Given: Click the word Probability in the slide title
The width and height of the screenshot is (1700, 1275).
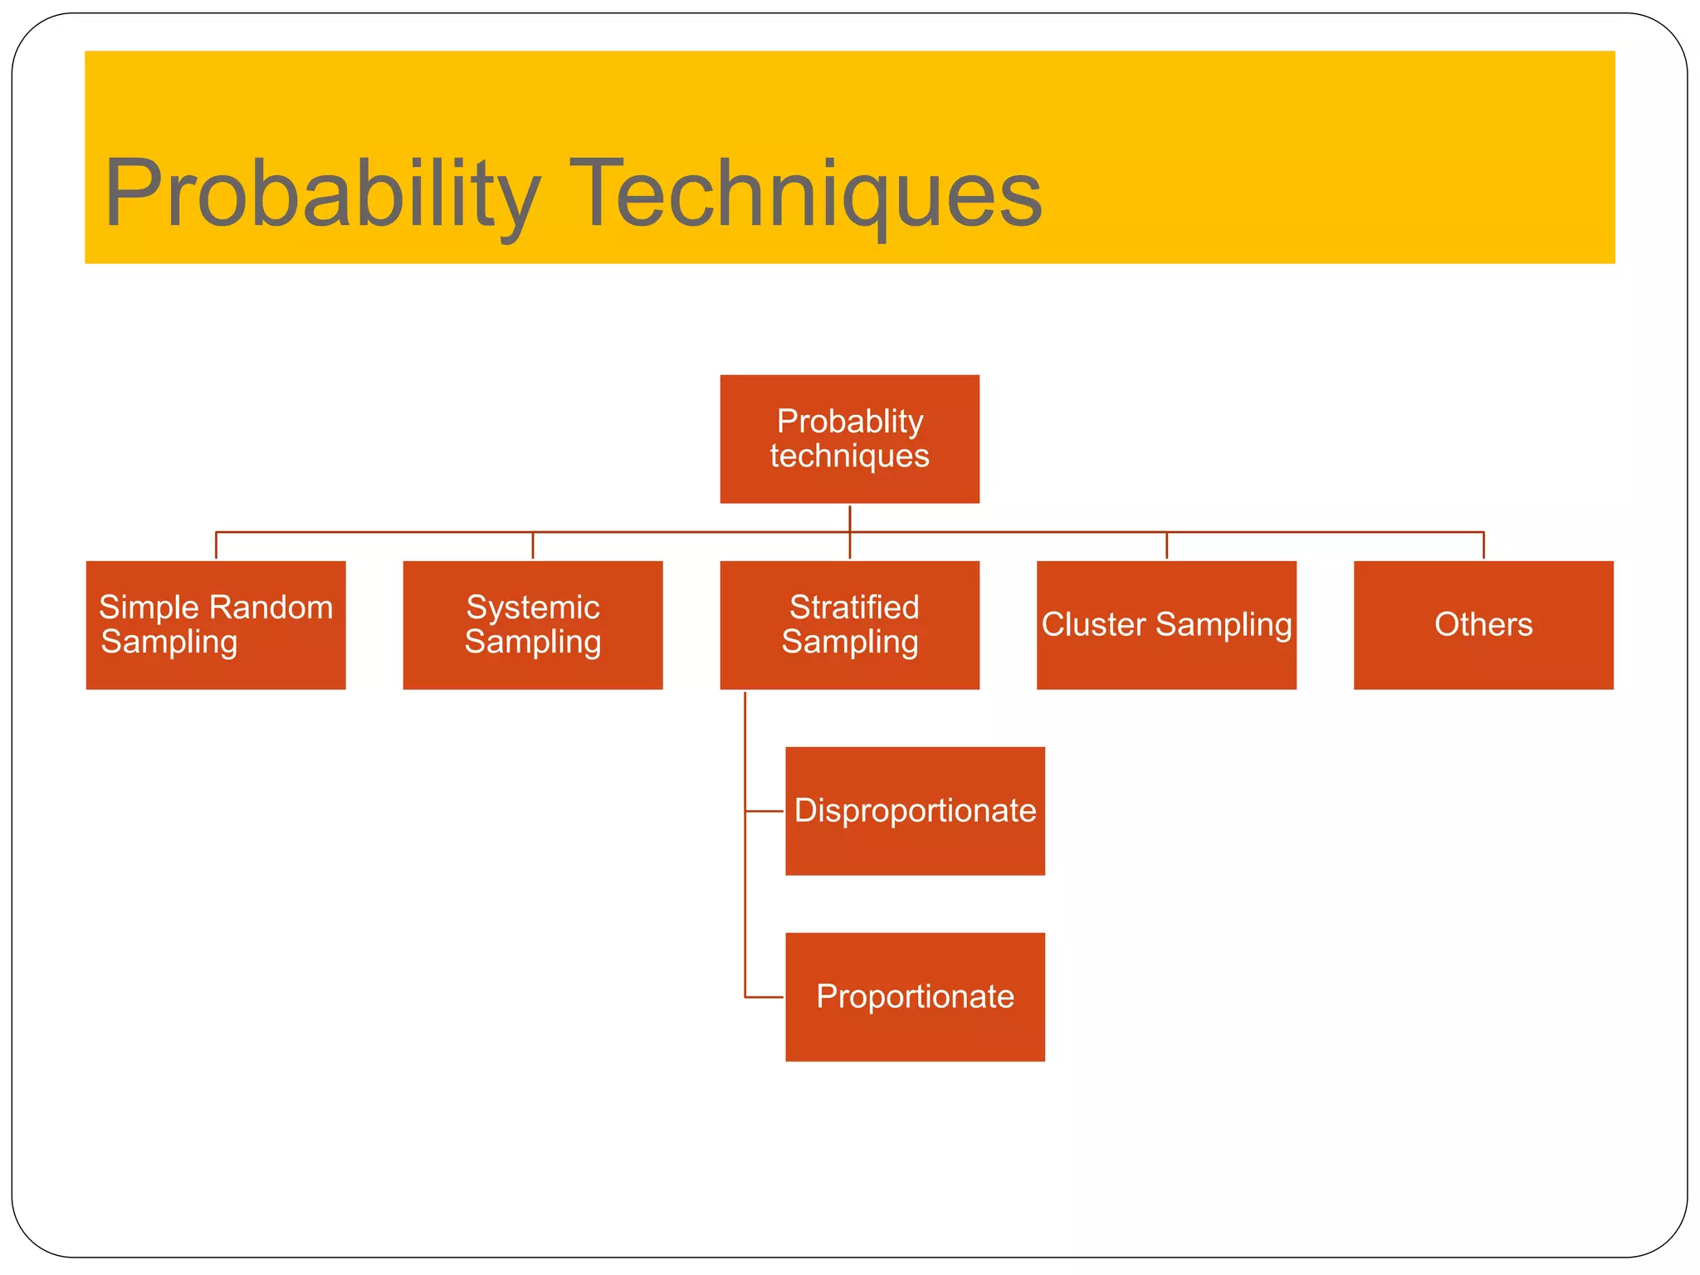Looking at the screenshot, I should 322,193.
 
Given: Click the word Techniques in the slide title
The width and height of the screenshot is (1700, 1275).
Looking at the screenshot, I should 805,193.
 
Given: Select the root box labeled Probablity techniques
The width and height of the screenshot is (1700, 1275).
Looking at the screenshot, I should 849,438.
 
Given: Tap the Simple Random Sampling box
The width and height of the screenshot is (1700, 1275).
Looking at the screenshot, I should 216,625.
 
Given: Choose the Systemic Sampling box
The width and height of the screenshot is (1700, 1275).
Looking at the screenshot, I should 532,625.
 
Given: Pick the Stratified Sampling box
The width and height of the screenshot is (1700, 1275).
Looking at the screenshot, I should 849,625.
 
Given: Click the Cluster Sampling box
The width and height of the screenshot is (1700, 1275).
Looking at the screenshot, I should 1166,625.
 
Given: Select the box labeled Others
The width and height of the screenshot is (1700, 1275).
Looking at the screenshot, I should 1483,625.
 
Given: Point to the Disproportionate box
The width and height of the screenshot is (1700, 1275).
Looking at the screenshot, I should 915,811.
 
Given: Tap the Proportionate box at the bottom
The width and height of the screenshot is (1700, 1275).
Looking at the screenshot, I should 915,997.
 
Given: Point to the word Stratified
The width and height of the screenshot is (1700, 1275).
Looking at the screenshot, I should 854,608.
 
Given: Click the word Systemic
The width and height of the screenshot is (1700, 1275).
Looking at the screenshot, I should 533,608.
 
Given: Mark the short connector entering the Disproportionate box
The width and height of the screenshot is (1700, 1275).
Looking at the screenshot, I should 765,811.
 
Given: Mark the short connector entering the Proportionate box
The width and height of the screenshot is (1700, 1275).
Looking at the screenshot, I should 765,997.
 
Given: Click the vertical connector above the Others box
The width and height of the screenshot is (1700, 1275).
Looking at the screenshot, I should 1483,545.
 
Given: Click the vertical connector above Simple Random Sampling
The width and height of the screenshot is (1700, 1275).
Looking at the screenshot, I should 216,545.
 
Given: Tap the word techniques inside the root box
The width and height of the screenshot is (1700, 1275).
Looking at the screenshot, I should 849,456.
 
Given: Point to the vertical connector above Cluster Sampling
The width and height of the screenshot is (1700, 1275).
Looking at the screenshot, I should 1166,545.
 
